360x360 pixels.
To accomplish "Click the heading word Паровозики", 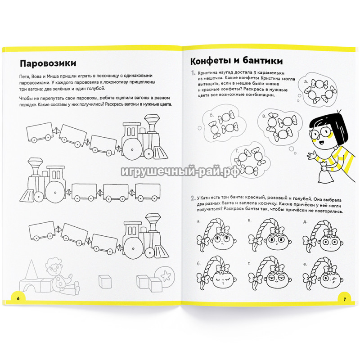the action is (x=48, y=63).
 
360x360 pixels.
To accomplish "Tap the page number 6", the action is (x=18, y=298).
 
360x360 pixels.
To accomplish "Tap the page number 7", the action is (x=344, y=299).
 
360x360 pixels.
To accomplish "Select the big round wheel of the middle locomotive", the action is (x=55, y=192).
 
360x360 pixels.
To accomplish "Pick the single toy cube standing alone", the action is (x=105, y=282).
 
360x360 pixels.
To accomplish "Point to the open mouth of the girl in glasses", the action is (x=322, y=143).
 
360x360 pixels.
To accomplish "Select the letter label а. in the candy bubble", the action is (x=306, y=81).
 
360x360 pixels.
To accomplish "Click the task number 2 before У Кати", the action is (x=193, y=198).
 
